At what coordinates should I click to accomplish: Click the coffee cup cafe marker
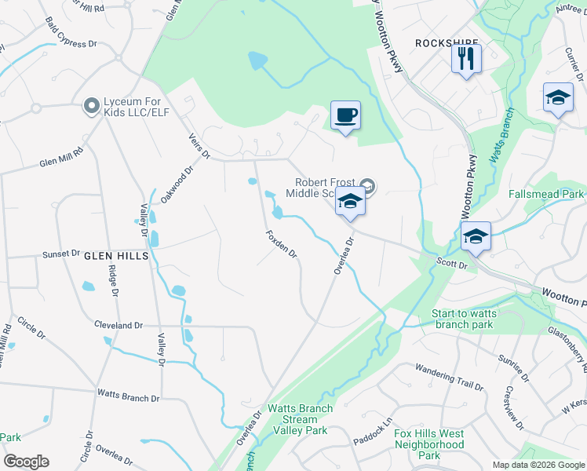pos(345,115)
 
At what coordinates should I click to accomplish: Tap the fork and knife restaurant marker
pos(466,58)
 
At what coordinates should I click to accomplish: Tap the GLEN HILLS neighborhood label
pos(116,255)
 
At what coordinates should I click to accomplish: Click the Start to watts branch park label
pos(472,319)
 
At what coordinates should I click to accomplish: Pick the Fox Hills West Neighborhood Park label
pos(428,444)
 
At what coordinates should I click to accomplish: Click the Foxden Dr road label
pos(282,243)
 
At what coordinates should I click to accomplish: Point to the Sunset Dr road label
pos(60,254)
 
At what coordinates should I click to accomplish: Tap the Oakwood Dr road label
pos(177,184)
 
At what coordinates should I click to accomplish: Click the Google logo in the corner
pos(26,462)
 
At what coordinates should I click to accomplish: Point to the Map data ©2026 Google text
pos(538,465)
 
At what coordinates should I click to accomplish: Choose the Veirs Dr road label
pos(199,146)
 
